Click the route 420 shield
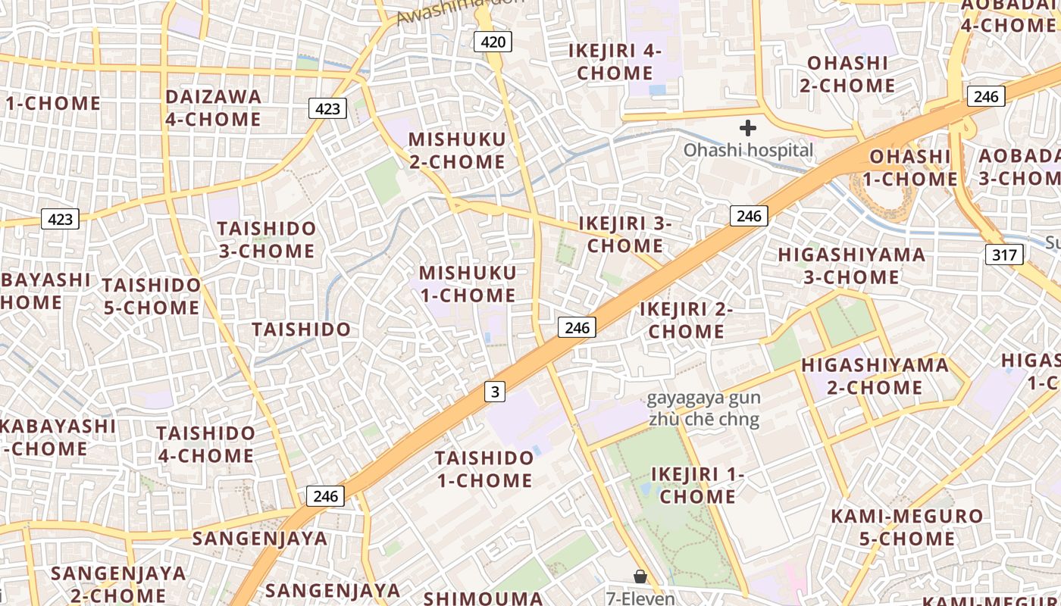[x=493, y=42]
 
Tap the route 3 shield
[x=495, y=392]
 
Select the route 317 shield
[x=1004, y=255]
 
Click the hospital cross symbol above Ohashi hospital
[x=748, y=128]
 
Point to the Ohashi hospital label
[x=748, y=150]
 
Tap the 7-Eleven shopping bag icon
[x=640, y=577]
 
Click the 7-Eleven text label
[x=640, y=598]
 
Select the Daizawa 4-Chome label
[x=213, y=108]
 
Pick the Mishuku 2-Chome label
[x=457, y=150]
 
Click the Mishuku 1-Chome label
[x=468, y=283]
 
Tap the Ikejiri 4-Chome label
[x=615, y=62]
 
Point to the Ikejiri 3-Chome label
[x=624, y=234]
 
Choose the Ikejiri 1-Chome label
[x=697, y=485]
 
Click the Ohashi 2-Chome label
[x=847, y=73]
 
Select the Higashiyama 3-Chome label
[x=852, y=266]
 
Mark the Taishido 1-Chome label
[x=484, y=469]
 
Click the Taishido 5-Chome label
[x=152, y=296]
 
